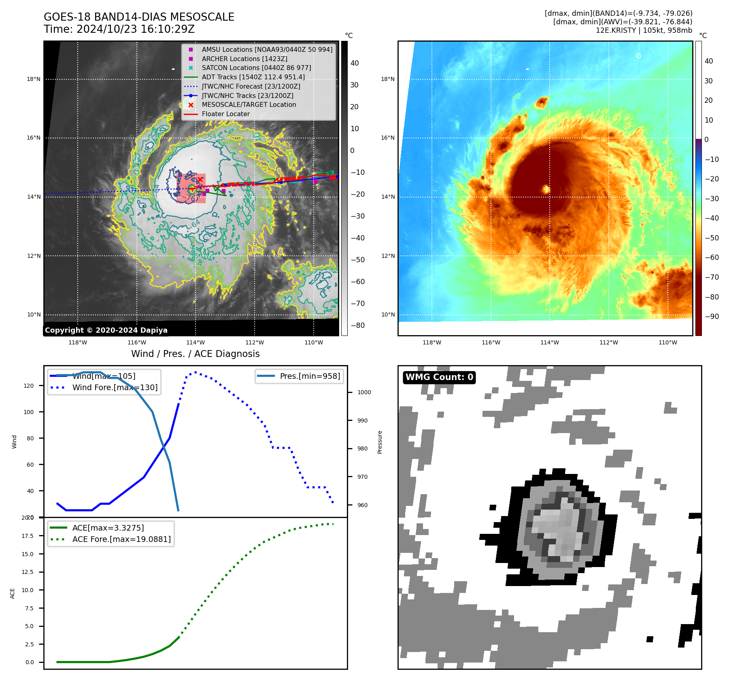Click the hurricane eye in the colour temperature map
[x=546, y=189]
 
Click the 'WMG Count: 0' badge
[x=439, y=377]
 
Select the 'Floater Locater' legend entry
[x=225, y=114]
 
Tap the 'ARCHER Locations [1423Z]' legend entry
[x=244, y=59]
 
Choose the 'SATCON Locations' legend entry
[x=256, y=68]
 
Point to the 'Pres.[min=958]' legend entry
[x=310, y=376]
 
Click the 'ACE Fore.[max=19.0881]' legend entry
[x=121, y=539]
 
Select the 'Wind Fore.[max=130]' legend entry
[x=115, y=388]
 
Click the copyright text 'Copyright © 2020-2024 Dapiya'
[x=106, y=330]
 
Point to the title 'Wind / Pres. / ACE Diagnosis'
[x=196, y=354]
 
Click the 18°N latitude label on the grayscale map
[x=34, y=79]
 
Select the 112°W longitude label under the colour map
[x=608, y=342]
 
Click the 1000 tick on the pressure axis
[x=364, y=392]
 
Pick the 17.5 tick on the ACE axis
[x=28, y=536]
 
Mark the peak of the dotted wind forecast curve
[x=196, y=372]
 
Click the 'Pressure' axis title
[x=380, y=442]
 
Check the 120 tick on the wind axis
[x=29, y=386]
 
